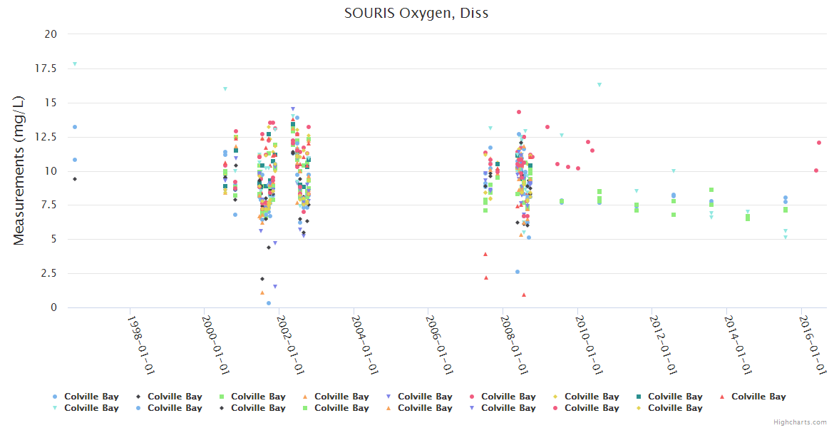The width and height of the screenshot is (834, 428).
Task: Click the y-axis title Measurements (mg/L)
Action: pyautogui.click(x=19, y=171)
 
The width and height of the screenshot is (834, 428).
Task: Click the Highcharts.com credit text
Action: pyautogui.click(x=800, y=422)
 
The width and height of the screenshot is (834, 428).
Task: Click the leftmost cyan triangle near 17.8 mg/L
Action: pyautogui.click(x=75, y=63)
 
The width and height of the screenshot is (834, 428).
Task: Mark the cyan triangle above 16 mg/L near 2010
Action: pyautogui.click(x=599, y=84)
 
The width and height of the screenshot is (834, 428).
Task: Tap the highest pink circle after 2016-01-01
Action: pyautogui.click(x=819, y=143)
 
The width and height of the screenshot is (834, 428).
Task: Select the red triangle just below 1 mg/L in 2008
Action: pyautogui.click(x=524, y=295)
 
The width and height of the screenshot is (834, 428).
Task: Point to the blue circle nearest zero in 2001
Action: pyautogui.click(x=269, y=303)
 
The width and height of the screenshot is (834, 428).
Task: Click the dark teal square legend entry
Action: pyautogui.click(x=669, y=397)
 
